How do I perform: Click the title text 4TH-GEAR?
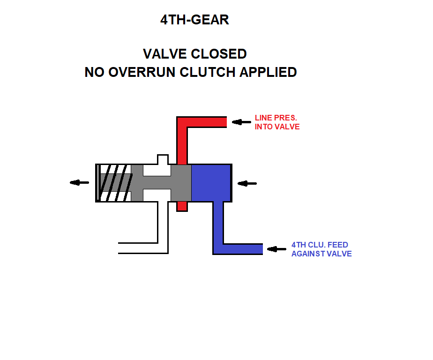pos(194,20)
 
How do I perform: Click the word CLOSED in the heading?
pos(218,54)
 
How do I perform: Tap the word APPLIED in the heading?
pos(268,72)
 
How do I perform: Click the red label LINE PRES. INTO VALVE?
pos(277,122)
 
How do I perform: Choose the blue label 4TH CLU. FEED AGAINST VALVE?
pos(321,249)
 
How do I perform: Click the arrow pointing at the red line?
pos(241,122)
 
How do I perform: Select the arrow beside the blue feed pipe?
pos(276,249)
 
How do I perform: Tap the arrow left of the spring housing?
pos(79,182)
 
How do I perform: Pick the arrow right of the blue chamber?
pos(247,183)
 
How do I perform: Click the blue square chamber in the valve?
pos(211,183)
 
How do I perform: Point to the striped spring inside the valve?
pos(115,183)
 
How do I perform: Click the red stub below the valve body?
pos(182,206)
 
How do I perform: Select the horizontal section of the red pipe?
pos(207,122)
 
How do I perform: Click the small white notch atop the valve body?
pos(163,159)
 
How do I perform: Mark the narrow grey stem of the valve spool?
pos(157,183)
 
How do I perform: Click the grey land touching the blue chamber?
pos(181,183)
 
